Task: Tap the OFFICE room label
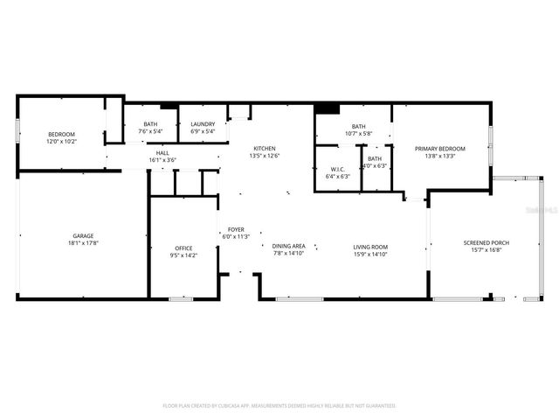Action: (x=183, y=248)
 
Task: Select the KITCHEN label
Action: (x=265, y=148)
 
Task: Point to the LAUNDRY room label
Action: (x=203, y=124)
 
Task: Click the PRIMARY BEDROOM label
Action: (x=440, y=149)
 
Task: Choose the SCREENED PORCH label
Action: (x=487, y=242)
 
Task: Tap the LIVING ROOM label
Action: (x=370, y=247)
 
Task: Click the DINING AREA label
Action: (x=288, y=247)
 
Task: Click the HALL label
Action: (x=162, y=152)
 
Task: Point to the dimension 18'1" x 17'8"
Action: (x=83, y=244)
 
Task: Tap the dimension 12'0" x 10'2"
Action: (x=62, y=141)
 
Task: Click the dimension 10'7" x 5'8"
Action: (x=358, y=134)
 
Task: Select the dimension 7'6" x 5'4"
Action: (x=150, y=132)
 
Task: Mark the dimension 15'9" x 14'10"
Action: (x=370, y=254)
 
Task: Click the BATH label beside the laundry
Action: (x=150, y=124)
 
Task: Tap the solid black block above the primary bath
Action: (x=326, y=108)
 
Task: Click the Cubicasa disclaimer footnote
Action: (x=279, y=406)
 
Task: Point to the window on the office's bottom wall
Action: (x=181, y=299)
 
